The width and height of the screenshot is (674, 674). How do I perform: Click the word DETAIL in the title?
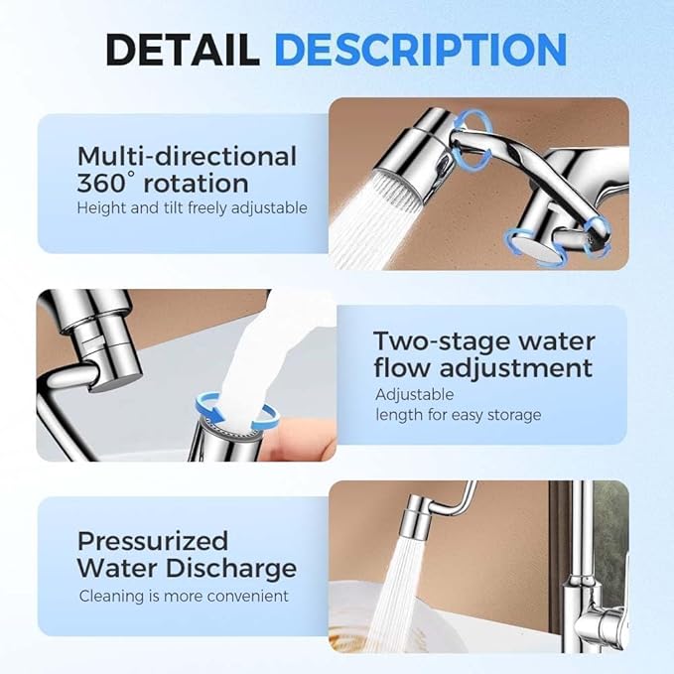click(183, 50)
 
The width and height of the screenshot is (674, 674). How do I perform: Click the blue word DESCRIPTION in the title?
click(420, 50)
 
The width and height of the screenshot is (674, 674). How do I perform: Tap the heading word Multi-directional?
click(187, 156)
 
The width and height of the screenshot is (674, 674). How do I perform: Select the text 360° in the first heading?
click(107, 183)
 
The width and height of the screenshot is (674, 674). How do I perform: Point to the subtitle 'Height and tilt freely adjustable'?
click(192, 208)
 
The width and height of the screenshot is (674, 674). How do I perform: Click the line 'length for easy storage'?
click(458, 414)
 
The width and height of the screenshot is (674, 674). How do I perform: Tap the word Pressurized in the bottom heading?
click(153, 541)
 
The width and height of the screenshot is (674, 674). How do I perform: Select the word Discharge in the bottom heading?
click(236, 569)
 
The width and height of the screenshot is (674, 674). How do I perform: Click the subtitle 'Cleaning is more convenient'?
click(184, 596)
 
